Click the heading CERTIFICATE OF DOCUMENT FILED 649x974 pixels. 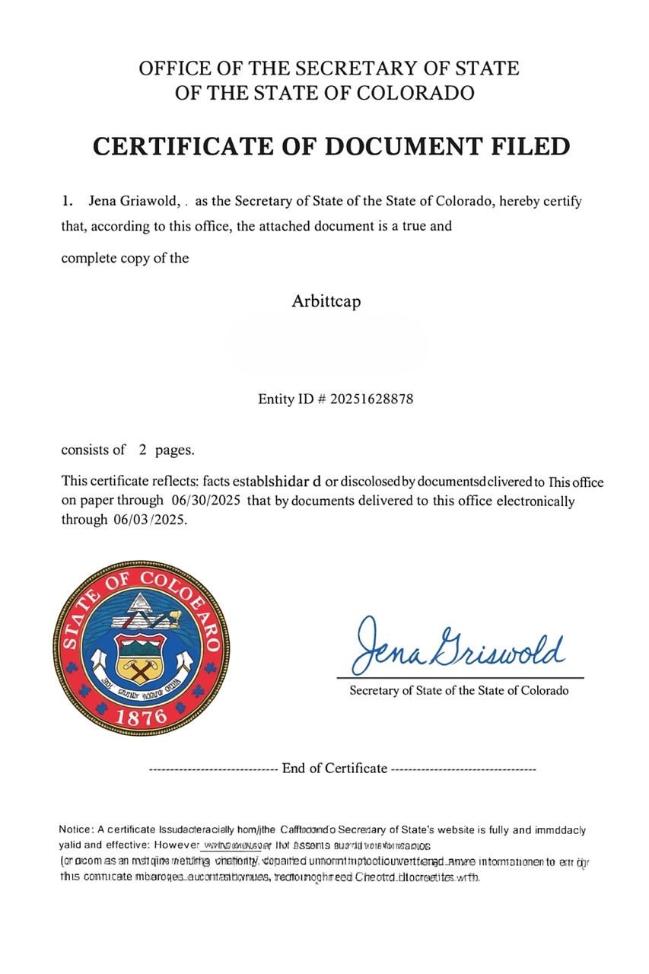[331, 145]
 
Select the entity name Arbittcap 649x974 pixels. [326, 301]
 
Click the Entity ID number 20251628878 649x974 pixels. [371, 398]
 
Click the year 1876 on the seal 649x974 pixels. [142, 716]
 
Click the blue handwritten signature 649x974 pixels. [459, 645]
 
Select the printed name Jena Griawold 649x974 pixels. [134, 202]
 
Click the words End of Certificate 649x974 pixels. [334, 768]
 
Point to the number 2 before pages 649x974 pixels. [142, 450]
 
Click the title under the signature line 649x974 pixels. [459, 690]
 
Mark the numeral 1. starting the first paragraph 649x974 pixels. [68, 202]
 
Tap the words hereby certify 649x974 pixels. [545, 202]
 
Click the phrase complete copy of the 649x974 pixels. [125, 257]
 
